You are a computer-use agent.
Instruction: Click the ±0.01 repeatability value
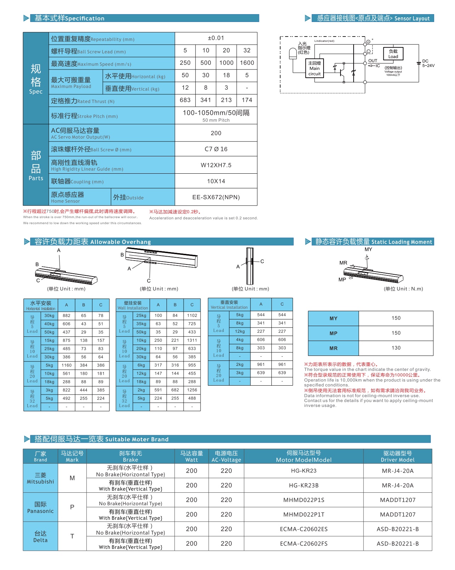click(216, 38)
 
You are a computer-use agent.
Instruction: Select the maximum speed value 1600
click(247, 63)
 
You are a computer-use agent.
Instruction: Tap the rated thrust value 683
click(185, 100)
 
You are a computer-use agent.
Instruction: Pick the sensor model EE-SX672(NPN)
click(216, 197)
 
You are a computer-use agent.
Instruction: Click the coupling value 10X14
click(216, 181)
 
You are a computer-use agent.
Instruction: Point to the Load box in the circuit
click(393, 54)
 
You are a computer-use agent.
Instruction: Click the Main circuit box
click(314, 68)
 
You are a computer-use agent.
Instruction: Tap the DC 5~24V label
click(428, 63)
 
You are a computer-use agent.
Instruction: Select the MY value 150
click(396, 318)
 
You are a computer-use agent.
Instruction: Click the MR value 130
click(396, 348)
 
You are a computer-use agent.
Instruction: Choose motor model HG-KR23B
click(303, 485)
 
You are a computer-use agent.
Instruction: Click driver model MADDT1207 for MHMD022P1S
click(398, 500)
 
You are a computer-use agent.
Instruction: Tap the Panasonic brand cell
click(40, 507)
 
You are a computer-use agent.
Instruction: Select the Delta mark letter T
click(72, 536)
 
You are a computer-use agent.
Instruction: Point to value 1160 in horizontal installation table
click(67, 365)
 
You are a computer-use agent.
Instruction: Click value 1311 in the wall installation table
click(192, 340)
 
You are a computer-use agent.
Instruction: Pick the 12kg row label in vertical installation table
click(240, 331)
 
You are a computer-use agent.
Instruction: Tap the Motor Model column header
click(304, 456)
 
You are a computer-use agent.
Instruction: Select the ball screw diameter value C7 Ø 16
click(216, 149)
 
